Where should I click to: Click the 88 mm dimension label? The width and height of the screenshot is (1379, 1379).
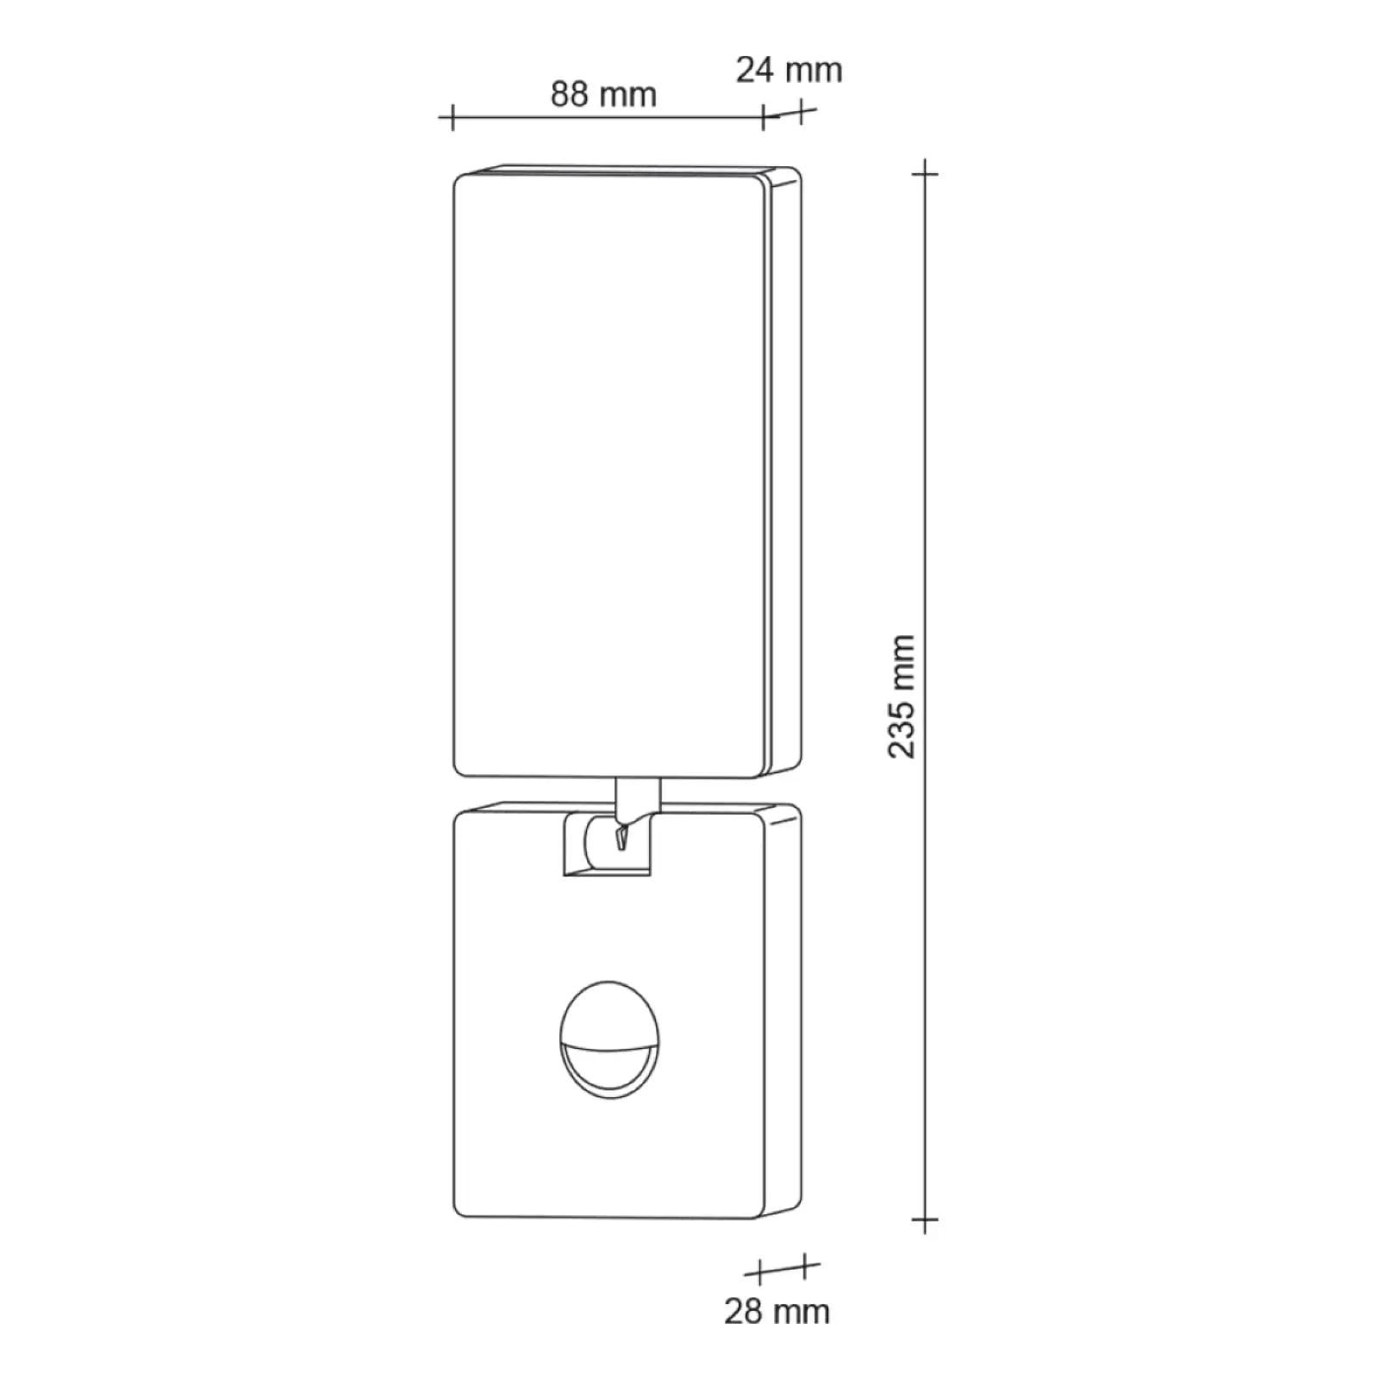pos(603,94)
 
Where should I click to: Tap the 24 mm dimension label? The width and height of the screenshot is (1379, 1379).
pos(789,70)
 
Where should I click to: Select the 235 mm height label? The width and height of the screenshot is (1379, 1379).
pos(902,696)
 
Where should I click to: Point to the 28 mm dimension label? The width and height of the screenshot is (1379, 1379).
pos(777,1311)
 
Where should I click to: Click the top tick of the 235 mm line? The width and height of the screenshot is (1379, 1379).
pos(925,173)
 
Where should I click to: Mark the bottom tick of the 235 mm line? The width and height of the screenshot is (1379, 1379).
pos(925,1220)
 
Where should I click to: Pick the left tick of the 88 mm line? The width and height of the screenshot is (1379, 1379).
pos(452,116)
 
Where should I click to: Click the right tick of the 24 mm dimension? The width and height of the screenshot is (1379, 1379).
pos(802,111)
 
